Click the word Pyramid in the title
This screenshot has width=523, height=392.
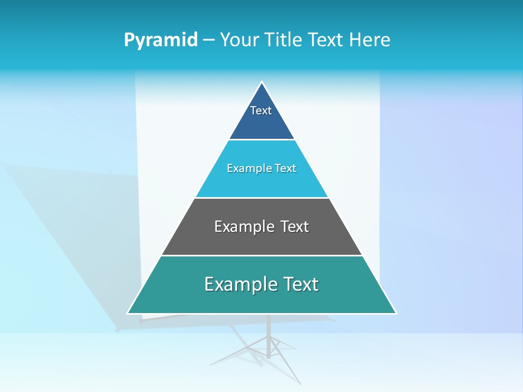(x=160, y=40)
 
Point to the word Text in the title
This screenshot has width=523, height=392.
(x=325, y=40)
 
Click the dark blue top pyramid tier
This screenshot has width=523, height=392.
(x=261, y=122)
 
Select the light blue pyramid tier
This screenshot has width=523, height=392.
(x=261, y=182)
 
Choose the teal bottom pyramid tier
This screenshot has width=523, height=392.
(x=261, y=299)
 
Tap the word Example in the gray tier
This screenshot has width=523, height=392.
(x=244, y=226)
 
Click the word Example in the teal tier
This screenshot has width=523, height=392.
(x=240, y=284)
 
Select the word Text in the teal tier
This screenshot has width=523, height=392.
(x=300, y=284)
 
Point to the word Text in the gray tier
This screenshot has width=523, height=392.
(x=294, y=226)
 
